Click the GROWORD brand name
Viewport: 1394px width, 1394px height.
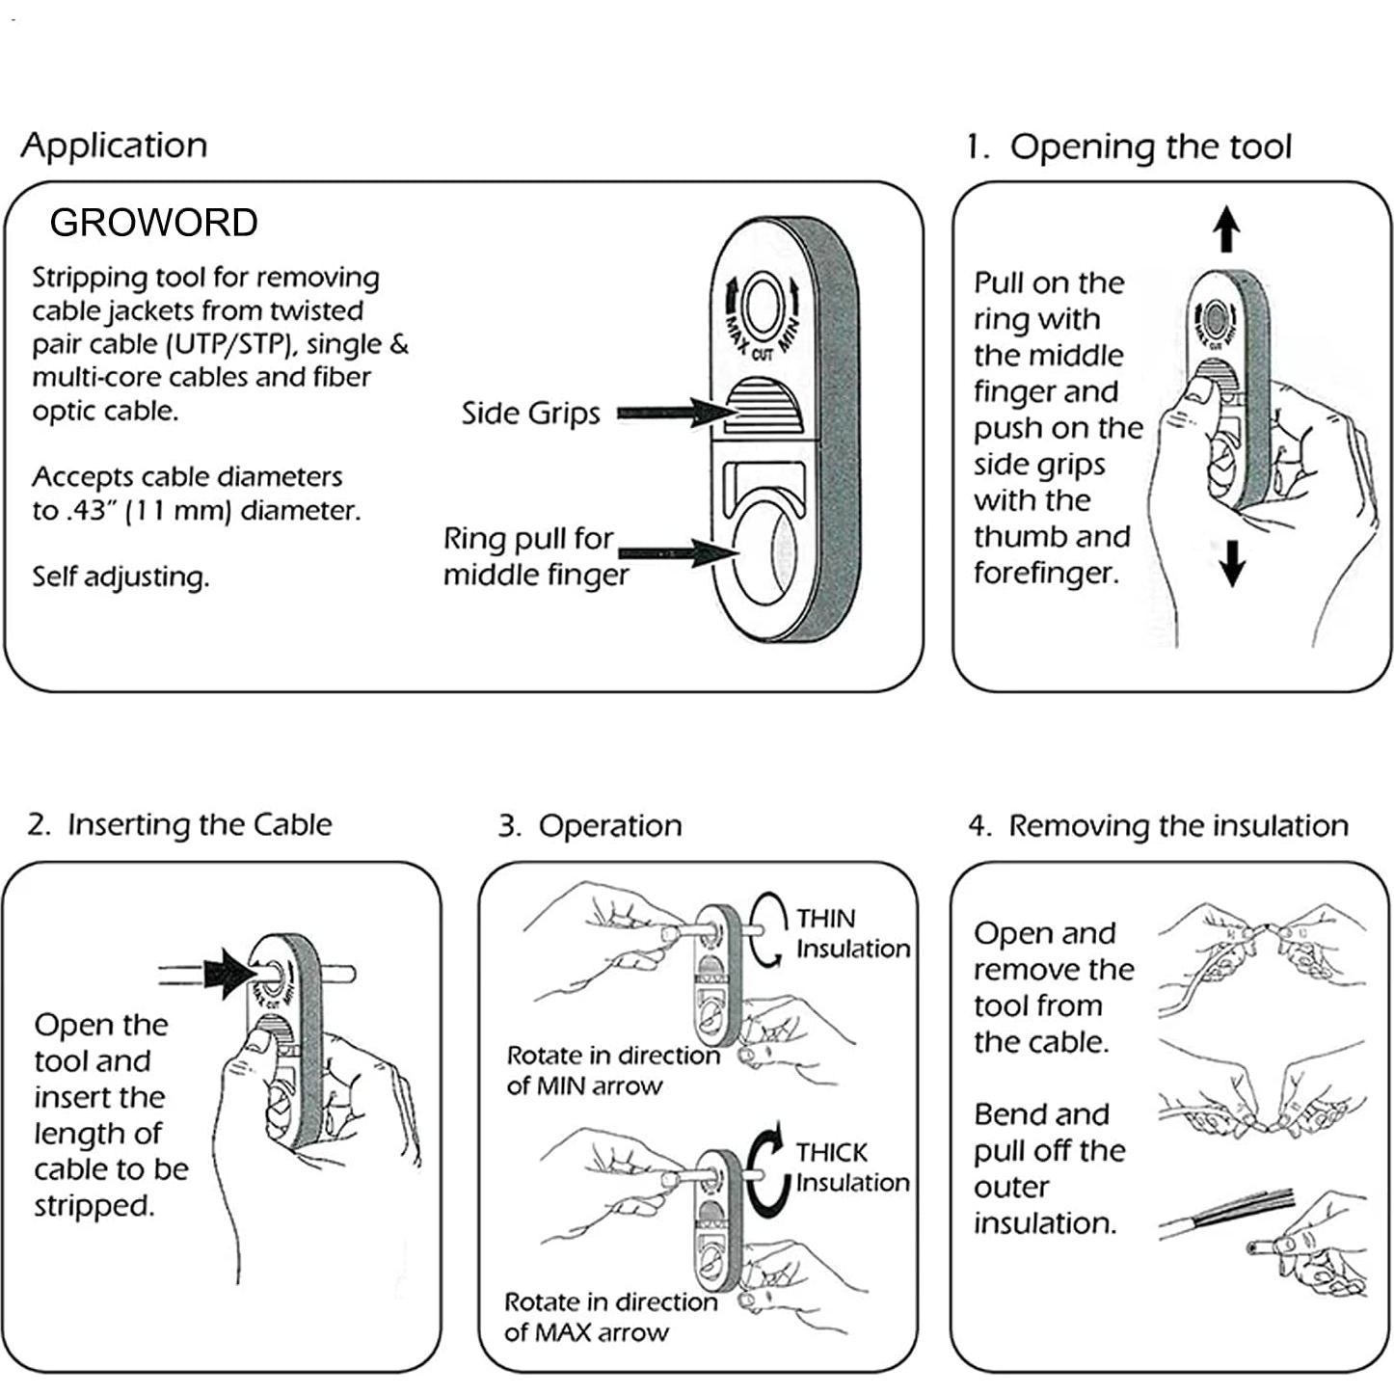coord(153,223)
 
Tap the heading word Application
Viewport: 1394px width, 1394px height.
coord(114,146)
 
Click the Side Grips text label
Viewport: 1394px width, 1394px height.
coord(530,414)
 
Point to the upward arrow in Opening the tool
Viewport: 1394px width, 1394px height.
coord(1226,228)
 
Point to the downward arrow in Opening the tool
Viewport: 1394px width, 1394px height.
coord(1232,563)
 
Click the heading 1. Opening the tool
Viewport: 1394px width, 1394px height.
coord(1129,147)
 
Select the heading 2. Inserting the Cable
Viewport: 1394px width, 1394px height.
coord(179,825)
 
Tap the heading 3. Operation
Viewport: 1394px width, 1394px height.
coord(590,826)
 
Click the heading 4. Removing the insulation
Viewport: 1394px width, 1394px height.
coord(1158,826)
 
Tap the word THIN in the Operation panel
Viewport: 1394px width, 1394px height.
coord(825,919)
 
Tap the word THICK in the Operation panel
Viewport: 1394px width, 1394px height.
coord(831,1153)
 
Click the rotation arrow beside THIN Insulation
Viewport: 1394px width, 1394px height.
coord(765,928)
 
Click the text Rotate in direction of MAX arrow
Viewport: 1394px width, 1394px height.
coord(610,1317)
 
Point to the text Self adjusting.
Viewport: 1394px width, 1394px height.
coord(121,577)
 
